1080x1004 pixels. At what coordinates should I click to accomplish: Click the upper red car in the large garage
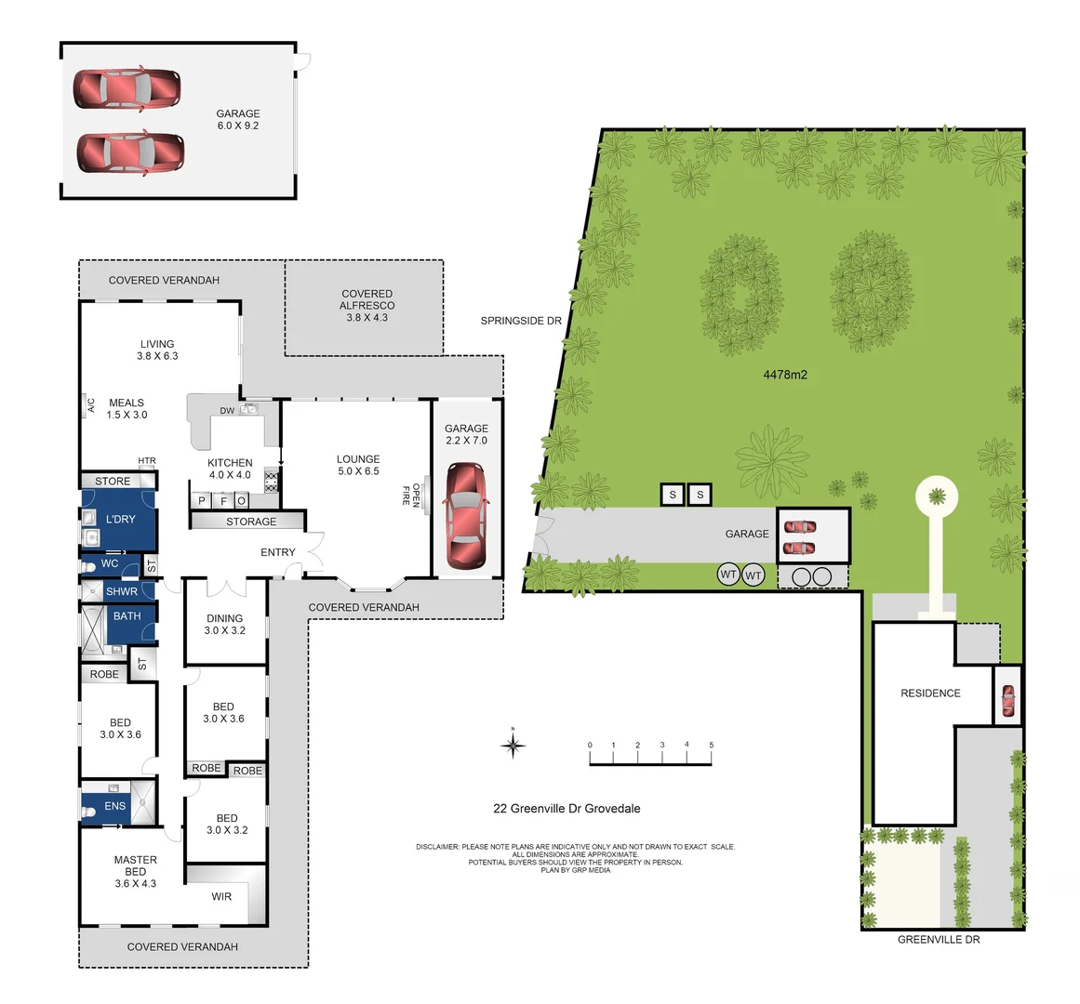127,88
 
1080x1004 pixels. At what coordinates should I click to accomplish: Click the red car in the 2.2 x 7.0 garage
466,516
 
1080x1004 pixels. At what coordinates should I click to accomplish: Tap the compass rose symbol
513,745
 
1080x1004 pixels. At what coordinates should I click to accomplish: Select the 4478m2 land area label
785,376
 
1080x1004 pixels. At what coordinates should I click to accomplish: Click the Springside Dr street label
521,321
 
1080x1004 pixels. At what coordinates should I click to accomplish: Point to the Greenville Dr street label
939,940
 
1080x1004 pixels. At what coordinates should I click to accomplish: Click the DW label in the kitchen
227,410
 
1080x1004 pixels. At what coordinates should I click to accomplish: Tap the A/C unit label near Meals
90,405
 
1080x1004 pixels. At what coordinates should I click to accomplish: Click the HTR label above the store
147,461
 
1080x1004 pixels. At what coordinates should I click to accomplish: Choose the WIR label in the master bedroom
221,896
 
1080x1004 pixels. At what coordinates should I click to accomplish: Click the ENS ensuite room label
114,806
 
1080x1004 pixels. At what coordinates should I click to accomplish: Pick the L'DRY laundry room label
120,519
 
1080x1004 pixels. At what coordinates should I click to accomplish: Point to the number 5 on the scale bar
712,746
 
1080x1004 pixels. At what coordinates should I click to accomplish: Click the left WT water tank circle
728,575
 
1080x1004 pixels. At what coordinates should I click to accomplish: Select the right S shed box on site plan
700,495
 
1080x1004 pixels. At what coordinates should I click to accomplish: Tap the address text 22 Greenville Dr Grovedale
567,809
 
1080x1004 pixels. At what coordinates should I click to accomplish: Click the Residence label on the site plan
930,694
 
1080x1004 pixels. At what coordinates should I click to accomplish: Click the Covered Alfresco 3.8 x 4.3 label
367,305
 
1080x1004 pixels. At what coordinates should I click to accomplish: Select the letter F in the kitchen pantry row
221,501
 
